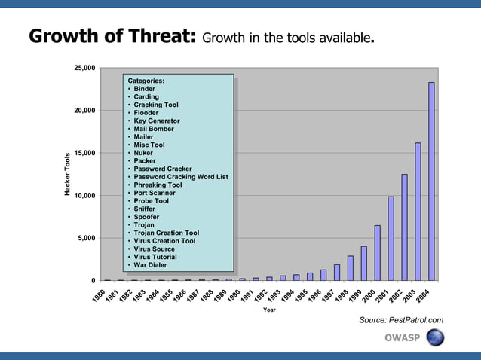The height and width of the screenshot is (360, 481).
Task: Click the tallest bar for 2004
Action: (431, 181)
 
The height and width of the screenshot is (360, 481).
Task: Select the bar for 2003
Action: (418, 212)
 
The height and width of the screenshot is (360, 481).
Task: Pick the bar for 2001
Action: (391, 238)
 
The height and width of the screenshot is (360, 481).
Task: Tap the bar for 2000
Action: (377, 252)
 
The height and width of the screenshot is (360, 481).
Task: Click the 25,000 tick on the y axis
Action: (84, 69)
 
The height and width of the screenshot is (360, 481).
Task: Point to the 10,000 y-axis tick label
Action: (84, 196)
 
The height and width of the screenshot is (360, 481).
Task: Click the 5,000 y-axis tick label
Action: (86, 239)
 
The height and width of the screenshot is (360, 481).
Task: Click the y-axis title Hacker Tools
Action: (67, 175)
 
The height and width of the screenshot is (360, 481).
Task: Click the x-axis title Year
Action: (269, 310)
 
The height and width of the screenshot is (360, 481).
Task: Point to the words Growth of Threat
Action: (112, 36)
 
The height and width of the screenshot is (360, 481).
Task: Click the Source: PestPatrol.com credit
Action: (401, 320)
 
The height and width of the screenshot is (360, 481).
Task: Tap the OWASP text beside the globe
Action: (402, 337)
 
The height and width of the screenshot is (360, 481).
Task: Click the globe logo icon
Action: (435, 337)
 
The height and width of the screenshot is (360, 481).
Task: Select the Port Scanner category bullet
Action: (154, 193)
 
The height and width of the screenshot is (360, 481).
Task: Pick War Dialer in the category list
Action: (151, 265)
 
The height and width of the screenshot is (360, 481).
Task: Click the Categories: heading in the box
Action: (146, 81)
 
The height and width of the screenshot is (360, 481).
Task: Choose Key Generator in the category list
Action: (156, 121)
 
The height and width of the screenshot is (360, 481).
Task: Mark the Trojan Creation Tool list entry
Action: (166, 233)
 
